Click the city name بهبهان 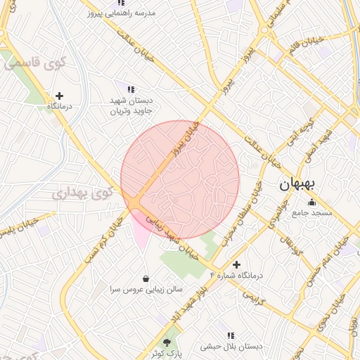[297, 184]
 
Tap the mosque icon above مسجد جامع [312, 202]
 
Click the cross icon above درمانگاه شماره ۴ [236, 264]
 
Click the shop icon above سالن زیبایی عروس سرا [146, 278]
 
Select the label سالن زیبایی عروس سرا [146, 289]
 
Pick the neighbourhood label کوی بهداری [79, 191]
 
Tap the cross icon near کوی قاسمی [59, 96]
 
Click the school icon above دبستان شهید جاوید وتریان [131, 89]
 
